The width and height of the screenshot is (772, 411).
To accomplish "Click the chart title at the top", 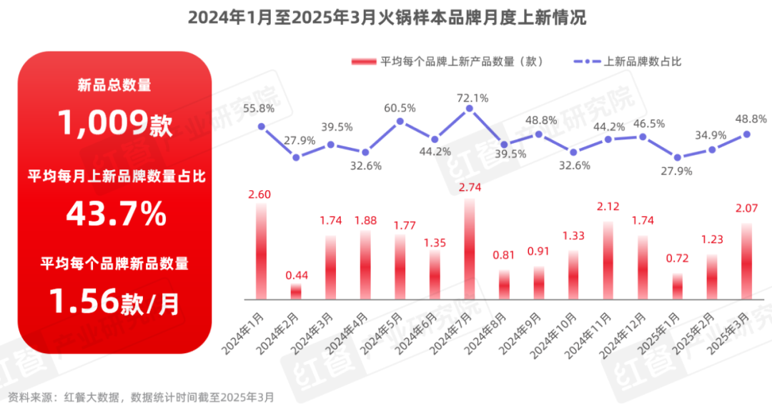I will pos(387,18).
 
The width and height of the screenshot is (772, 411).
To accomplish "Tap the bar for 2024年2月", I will pos(296,291).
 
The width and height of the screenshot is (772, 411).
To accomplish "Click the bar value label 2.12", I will pos(608,207).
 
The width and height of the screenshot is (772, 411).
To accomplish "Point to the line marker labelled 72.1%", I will pos(470,108).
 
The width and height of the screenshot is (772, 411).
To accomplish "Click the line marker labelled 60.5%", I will pos(400,121).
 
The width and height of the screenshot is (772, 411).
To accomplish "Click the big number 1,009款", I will pos(115,124).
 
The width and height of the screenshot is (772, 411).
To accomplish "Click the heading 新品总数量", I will pos(114,86).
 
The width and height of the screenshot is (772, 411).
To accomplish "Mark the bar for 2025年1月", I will pos(677,286).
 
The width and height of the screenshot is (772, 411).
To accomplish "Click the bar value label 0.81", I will pos(504,254).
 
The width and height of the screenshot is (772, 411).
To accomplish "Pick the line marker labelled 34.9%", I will pos(712,149).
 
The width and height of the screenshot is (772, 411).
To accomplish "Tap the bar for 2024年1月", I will pos(261,252).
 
